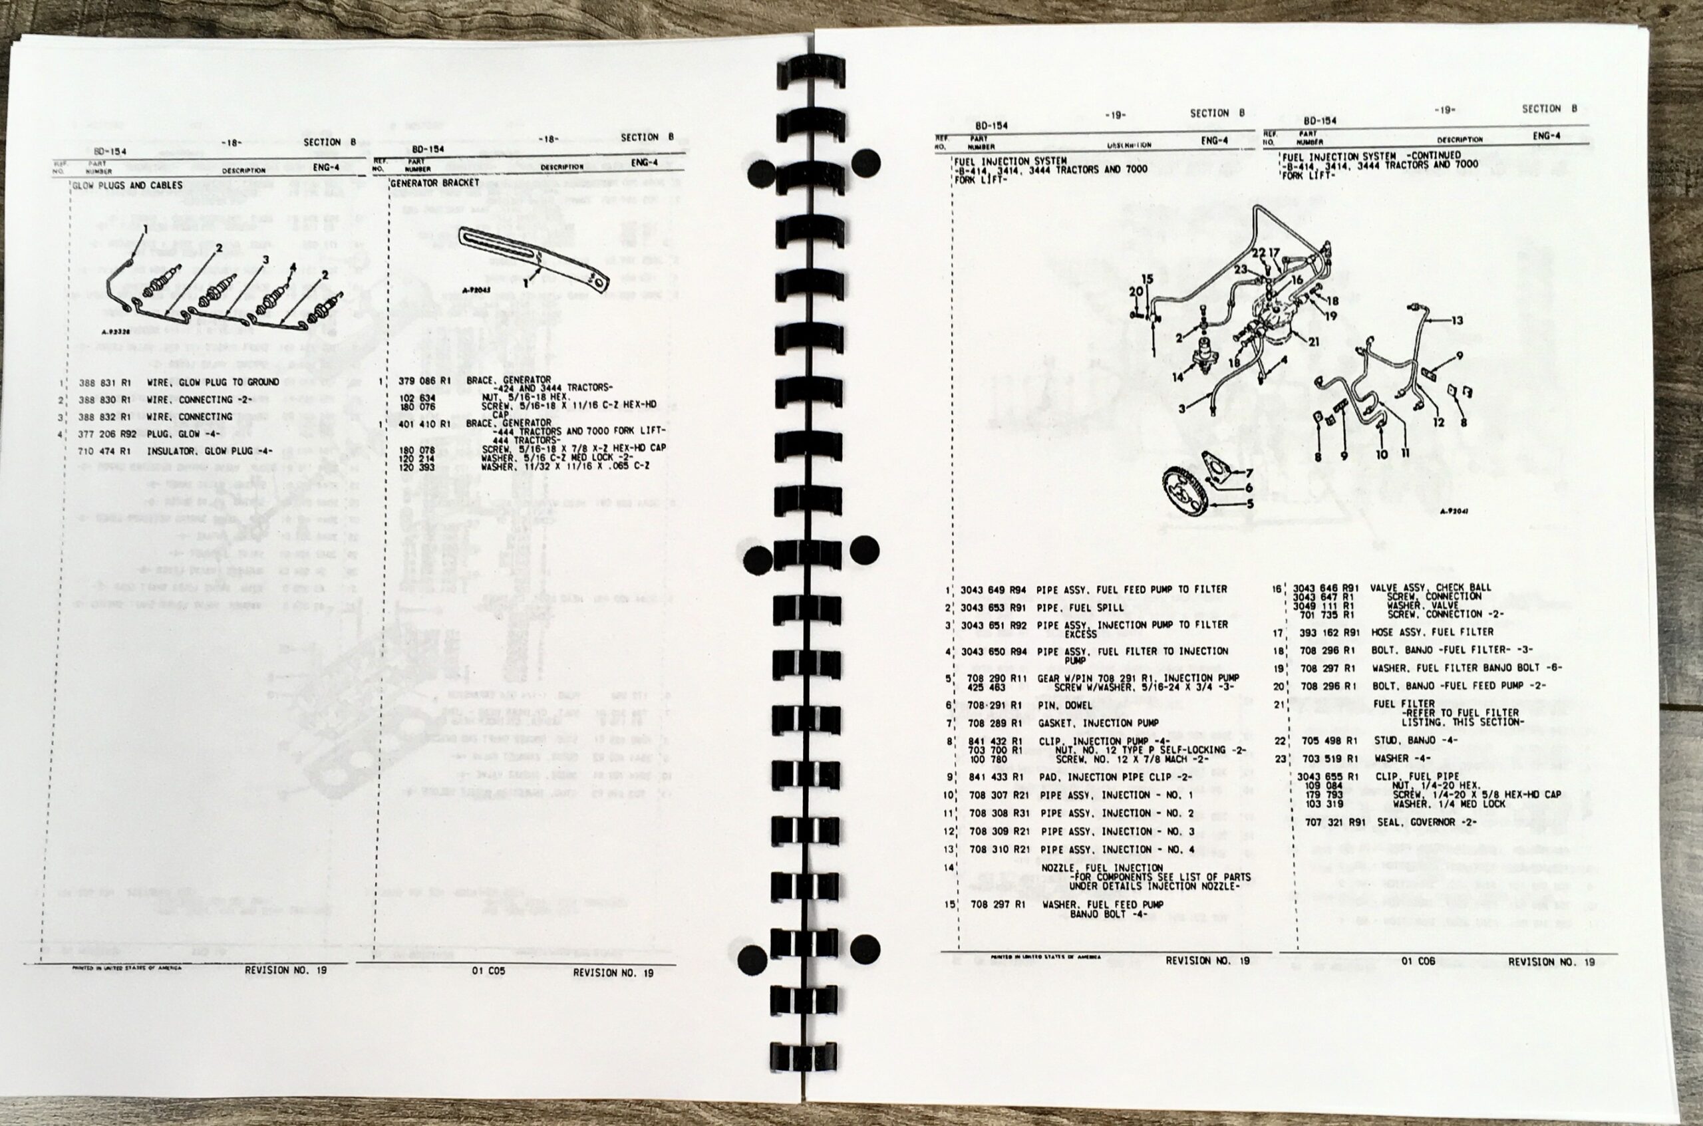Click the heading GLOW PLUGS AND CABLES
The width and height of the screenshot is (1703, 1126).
pyautogui.click(x=128, y=186)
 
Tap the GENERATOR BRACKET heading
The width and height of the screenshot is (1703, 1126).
pyautogui.click(x=434, y=183)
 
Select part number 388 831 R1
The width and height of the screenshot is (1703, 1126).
pyautogui.click(x=104, y=382)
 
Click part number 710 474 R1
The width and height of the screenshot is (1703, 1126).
pyautogui.click(x=104, y=451)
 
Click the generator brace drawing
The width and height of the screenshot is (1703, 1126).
pyautogui.click(x=532, y=259)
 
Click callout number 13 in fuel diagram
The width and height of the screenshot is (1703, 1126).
pyautogui.click(x=1456, y=321)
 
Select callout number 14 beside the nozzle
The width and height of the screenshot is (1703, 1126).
pyautogui.click(x=1179, y=377)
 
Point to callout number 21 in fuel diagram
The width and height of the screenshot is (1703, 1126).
pyautogui.click(x=1314, y=342)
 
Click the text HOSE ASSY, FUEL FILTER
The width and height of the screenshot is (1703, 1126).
pyautogui.click(x=1432, y=632)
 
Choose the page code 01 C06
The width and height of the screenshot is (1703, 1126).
pyautogui.click(x=1418, y=961)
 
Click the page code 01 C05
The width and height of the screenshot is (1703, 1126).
pyautogui.click(x=488, y=972)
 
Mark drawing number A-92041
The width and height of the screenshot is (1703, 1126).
pyautogui.click(x=1454, y=512)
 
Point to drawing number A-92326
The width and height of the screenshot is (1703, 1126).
pyautogui.click(x=116, y=333)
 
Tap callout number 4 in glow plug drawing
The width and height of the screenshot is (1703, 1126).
pyautogui.click(x=292, y=267)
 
